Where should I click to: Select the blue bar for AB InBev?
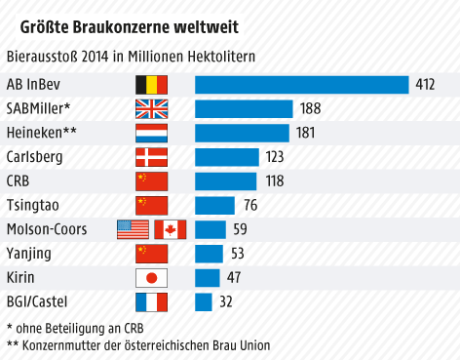(301, 84)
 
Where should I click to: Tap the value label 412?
(424, 85)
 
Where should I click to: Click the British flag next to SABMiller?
(151, 108)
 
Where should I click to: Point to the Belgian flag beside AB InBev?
(151, 84)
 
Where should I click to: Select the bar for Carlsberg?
(226, 156)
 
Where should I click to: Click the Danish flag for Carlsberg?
(151, 156)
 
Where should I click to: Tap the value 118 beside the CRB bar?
(275, 180)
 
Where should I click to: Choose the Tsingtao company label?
(34, 205)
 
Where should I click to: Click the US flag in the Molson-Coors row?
(133, 229)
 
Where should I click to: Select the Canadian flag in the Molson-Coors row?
(170, 229)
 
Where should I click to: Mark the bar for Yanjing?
(209, 253)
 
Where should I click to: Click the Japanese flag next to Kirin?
(151, 277)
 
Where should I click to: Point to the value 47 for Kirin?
(235, 277)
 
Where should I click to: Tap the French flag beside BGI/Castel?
(151, 301)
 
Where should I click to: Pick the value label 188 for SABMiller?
(310, 108)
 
